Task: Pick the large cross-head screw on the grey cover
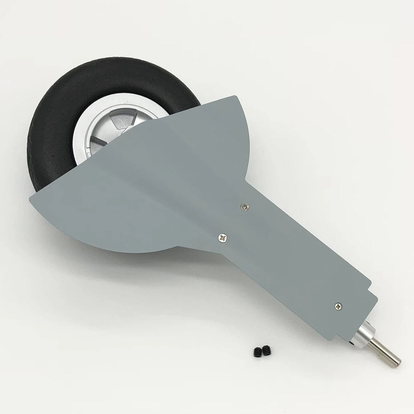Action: coord(222,237)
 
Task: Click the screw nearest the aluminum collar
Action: coord(339,306)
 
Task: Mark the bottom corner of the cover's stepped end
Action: coord(332,340)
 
